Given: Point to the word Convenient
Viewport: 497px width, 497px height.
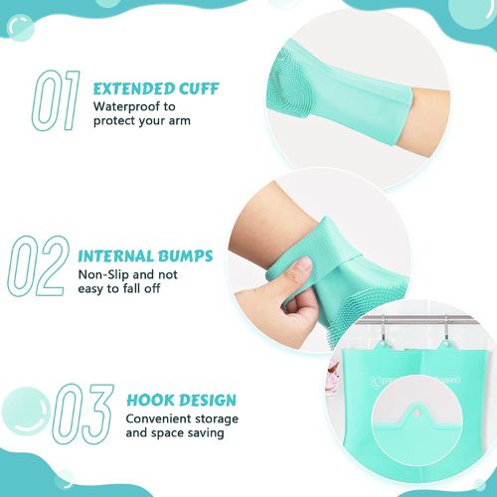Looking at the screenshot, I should coord(159,418).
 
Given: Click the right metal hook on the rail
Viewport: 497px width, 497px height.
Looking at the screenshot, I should coord(447,325).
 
